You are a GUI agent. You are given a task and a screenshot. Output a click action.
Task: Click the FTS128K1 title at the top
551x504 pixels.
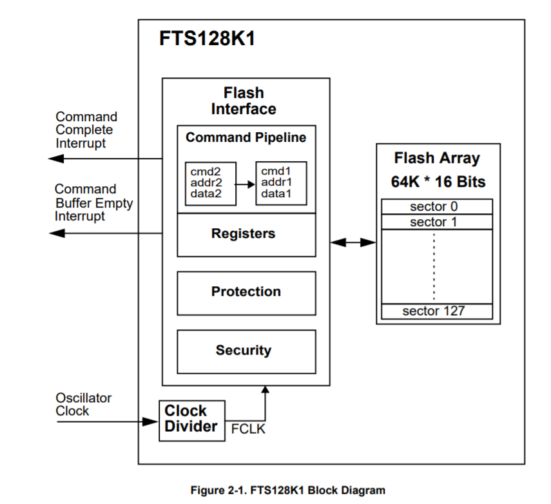[x=207, y=39]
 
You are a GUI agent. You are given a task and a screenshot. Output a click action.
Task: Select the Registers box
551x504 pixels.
[x=246, y=235]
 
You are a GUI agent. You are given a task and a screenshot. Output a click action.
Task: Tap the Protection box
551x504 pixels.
[x=246, y=293]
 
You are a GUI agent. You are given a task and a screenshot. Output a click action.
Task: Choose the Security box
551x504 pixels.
[x=246, y=351]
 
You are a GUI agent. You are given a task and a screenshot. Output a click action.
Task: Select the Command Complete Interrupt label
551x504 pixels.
[x=86, y=130]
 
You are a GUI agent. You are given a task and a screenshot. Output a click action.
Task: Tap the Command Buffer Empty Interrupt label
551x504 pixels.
[x=93, y=202]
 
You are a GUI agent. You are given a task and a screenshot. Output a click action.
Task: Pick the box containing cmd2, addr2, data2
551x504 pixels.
[x=211, y=183]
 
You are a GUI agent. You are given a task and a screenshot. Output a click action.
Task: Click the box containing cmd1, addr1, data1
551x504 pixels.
[x=281, y=183]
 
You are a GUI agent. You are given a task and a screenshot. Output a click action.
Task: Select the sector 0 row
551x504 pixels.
[x=436, y=207]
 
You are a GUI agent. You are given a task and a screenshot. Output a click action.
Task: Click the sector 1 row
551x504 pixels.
[x=436, y=222]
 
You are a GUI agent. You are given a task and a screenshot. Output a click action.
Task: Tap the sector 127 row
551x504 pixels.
[x=436, y=312]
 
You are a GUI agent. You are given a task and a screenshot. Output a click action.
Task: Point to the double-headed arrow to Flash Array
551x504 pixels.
[x=353, y=242]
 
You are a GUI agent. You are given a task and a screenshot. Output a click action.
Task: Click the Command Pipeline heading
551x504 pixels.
[x=246, y=138]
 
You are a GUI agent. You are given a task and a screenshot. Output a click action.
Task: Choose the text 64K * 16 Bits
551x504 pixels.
[x=438, y=182]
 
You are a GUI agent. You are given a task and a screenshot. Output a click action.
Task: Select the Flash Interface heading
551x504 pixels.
[x=244, y=101]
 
